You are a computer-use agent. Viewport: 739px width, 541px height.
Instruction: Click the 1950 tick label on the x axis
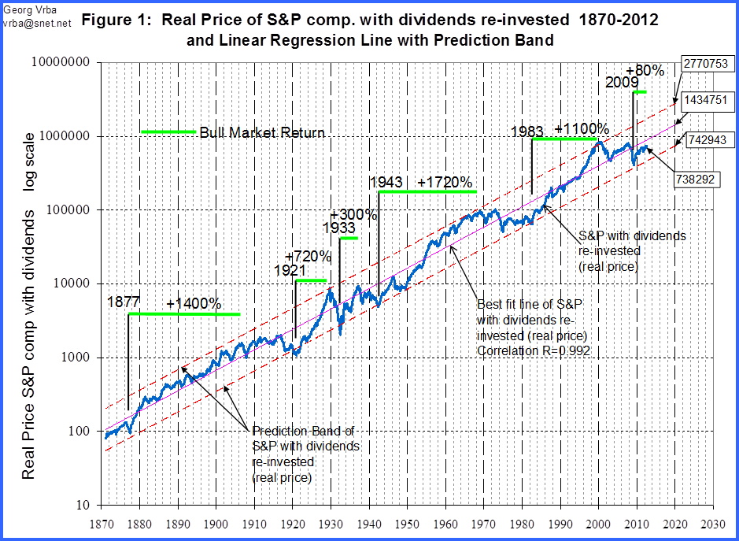pos(407,523)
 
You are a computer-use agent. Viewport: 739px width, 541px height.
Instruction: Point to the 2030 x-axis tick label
pos(714,523)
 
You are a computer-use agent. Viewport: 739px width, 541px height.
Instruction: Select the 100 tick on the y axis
pos(82,432)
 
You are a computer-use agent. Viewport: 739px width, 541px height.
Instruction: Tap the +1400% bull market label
pos(194,303)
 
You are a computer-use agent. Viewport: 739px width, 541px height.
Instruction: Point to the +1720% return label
pos(445,183)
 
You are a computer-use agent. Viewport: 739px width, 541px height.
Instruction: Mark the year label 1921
pos(290,270)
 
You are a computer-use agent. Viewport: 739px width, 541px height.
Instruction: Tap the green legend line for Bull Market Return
pos(167,132)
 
